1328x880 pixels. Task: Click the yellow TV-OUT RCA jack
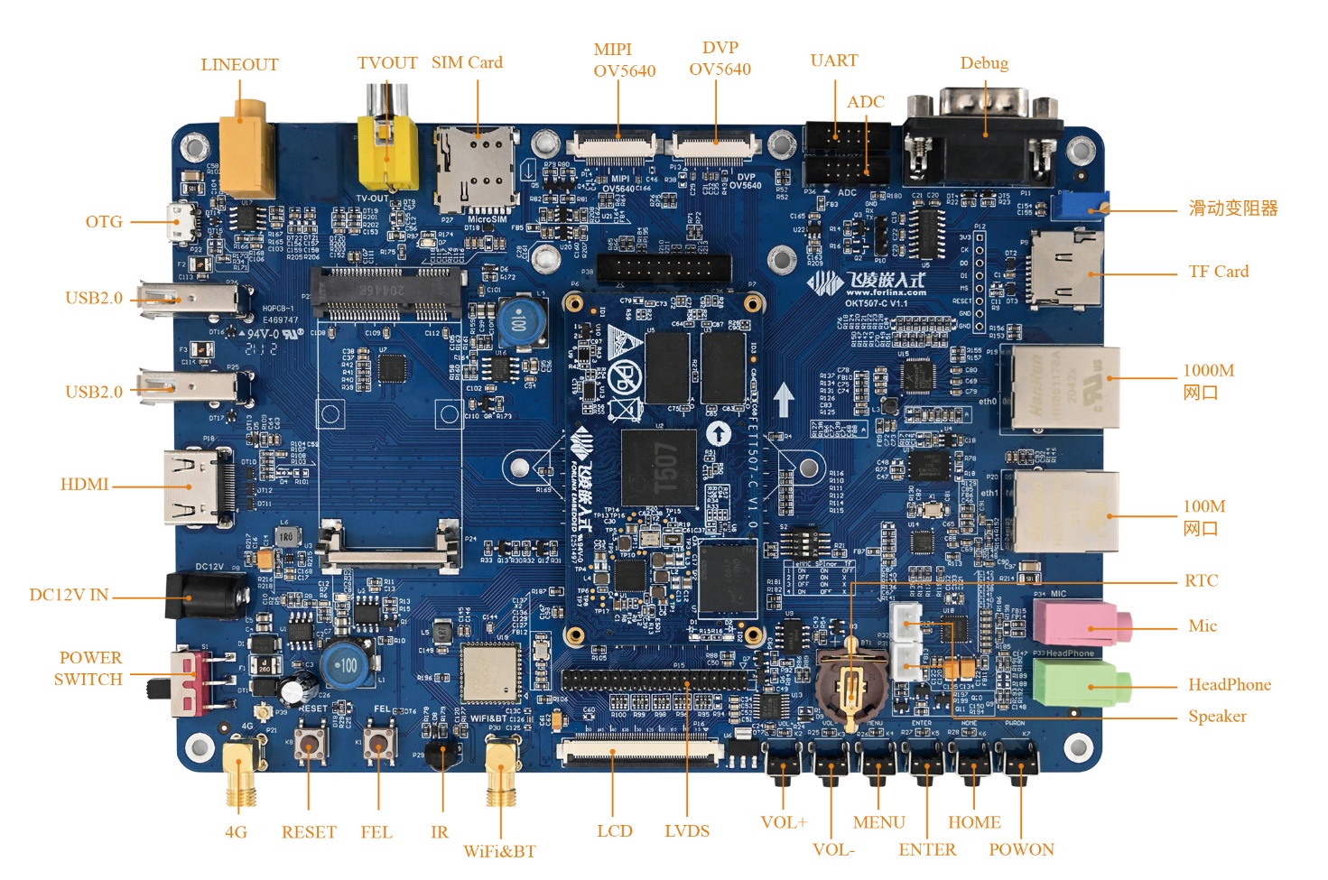[x=387, y=153]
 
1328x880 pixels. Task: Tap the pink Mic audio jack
[x=1079, y=624]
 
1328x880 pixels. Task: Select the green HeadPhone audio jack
[x=1079, y=684]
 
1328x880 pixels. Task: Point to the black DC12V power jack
[x=207, y=596]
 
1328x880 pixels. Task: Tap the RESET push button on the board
[x=309, y=746]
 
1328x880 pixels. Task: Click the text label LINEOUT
[x=239, y=65]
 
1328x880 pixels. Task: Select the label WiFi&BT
[x=499, y=851]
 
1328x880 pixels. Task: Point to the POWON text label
[x=1021, y=849]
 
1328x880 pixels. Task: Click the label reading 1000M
[x=1208, y=371]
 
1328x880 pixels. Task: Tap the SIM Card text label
[x=467, y=62]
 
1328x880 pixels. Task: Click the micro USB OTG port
[x=184, y=222]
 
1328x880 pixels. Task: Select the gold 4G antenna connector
[x=239, y=767]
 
